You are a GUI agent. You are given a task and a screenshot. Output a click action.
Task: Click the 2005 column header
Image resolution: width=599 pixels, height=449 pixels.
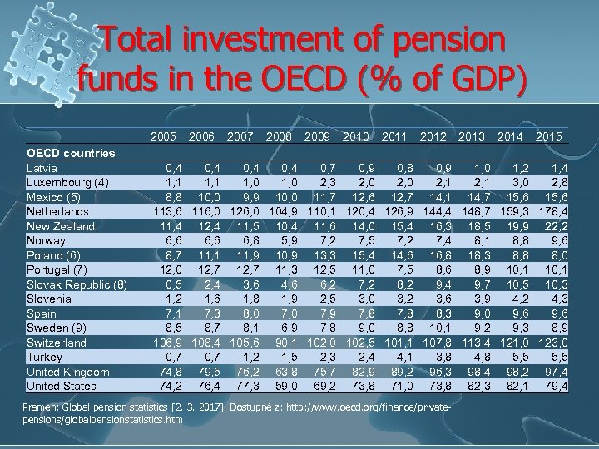[165, 136]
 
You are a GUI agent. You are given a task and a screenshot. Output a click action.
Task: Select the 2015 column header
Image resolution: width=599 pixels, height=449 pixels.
[549, 136]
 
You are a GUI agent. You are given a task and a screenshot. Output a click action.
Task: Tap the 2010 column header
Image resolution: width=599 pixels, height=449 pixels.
[357, 136]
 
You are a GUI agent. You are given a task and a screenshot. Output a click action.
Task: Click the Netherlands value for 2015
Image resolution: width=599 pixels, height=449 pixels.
[552, 211]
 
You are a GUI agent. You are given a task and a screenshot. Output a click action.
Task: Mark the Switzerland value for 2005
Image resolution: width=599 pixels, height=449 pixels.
[167, 343]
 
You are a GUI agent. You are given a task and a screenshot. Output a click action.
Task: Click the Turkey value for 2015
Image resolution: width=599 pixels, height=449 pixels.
[557, 357]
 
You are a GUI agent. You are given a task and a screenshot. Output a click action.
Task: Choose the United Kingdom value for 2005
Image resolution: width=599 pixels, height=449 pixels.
[171, 372]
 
